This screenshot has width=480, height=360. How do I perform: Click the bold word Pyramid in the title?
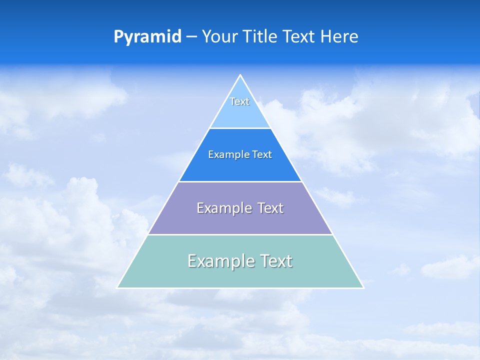point(147,37)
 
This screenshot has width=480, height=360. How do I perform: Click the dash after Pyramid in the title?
point(191,37)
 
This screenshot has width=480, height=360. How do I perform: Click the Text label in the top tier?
point(239,101)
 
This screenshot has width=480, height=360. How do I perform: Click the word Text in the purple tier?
point(270,208)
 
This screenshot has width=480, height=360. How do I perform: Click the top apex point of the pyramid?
point(240,75)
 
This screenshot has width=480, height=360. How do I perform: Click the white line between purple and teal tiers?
point(240,234)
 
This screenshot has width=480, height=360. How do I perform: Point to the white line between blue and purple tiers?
point(240,181)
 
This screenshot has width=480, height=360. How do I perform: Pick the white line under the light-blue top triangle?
point(240,128)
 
